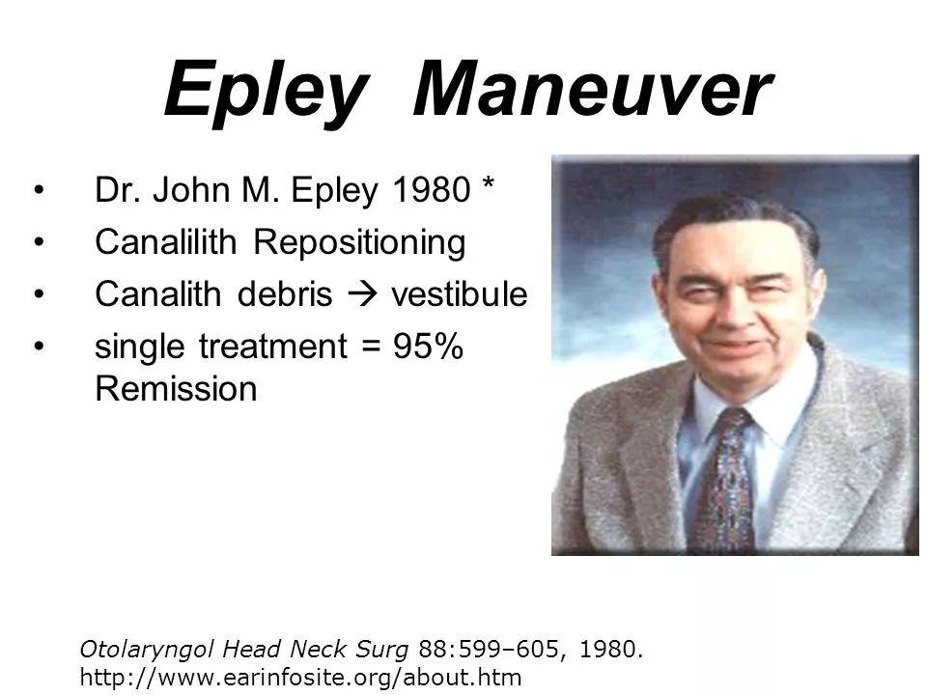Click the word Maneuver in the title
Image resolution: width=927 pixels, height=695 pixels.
point(593,88)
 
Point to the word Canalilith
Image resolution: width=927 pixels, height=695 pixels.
point(165,241)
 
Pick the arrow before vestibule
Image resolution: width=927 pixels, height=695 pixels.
point(362,294)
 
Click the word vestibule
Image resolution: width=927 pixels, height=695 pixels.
point(460,293)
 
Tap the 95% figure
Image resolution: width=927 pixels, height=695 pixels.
point(428,346)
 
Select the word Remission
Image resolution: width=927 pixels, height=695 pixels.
point(176,389)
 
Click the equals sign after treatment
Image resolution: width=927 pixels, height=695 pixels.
point(370,347)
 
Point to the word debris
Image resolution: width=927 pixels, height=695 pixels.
point(285,293)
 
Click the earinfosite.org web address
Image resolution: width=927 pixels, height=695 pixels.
point(301,678)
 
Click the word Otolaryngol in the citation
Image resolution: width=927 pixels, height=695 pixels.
point(147,650)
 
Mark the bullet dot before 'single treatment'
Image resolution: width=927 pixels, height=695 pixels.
point(39,346)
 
